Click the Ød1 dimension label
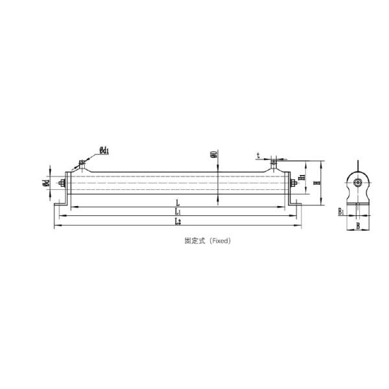[104, 151]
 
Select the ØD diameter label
[214, 156]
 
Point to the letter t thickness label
[258, 156]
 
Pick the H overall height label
[316, 183]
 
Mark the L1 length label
[178, 212]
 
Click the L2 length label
[178, 221]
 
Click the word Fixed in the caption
[219, 240]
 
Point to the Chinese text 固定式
[194, 240]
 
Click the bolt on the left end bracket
[64, 183]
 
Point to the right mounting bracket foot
[296, 204]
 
